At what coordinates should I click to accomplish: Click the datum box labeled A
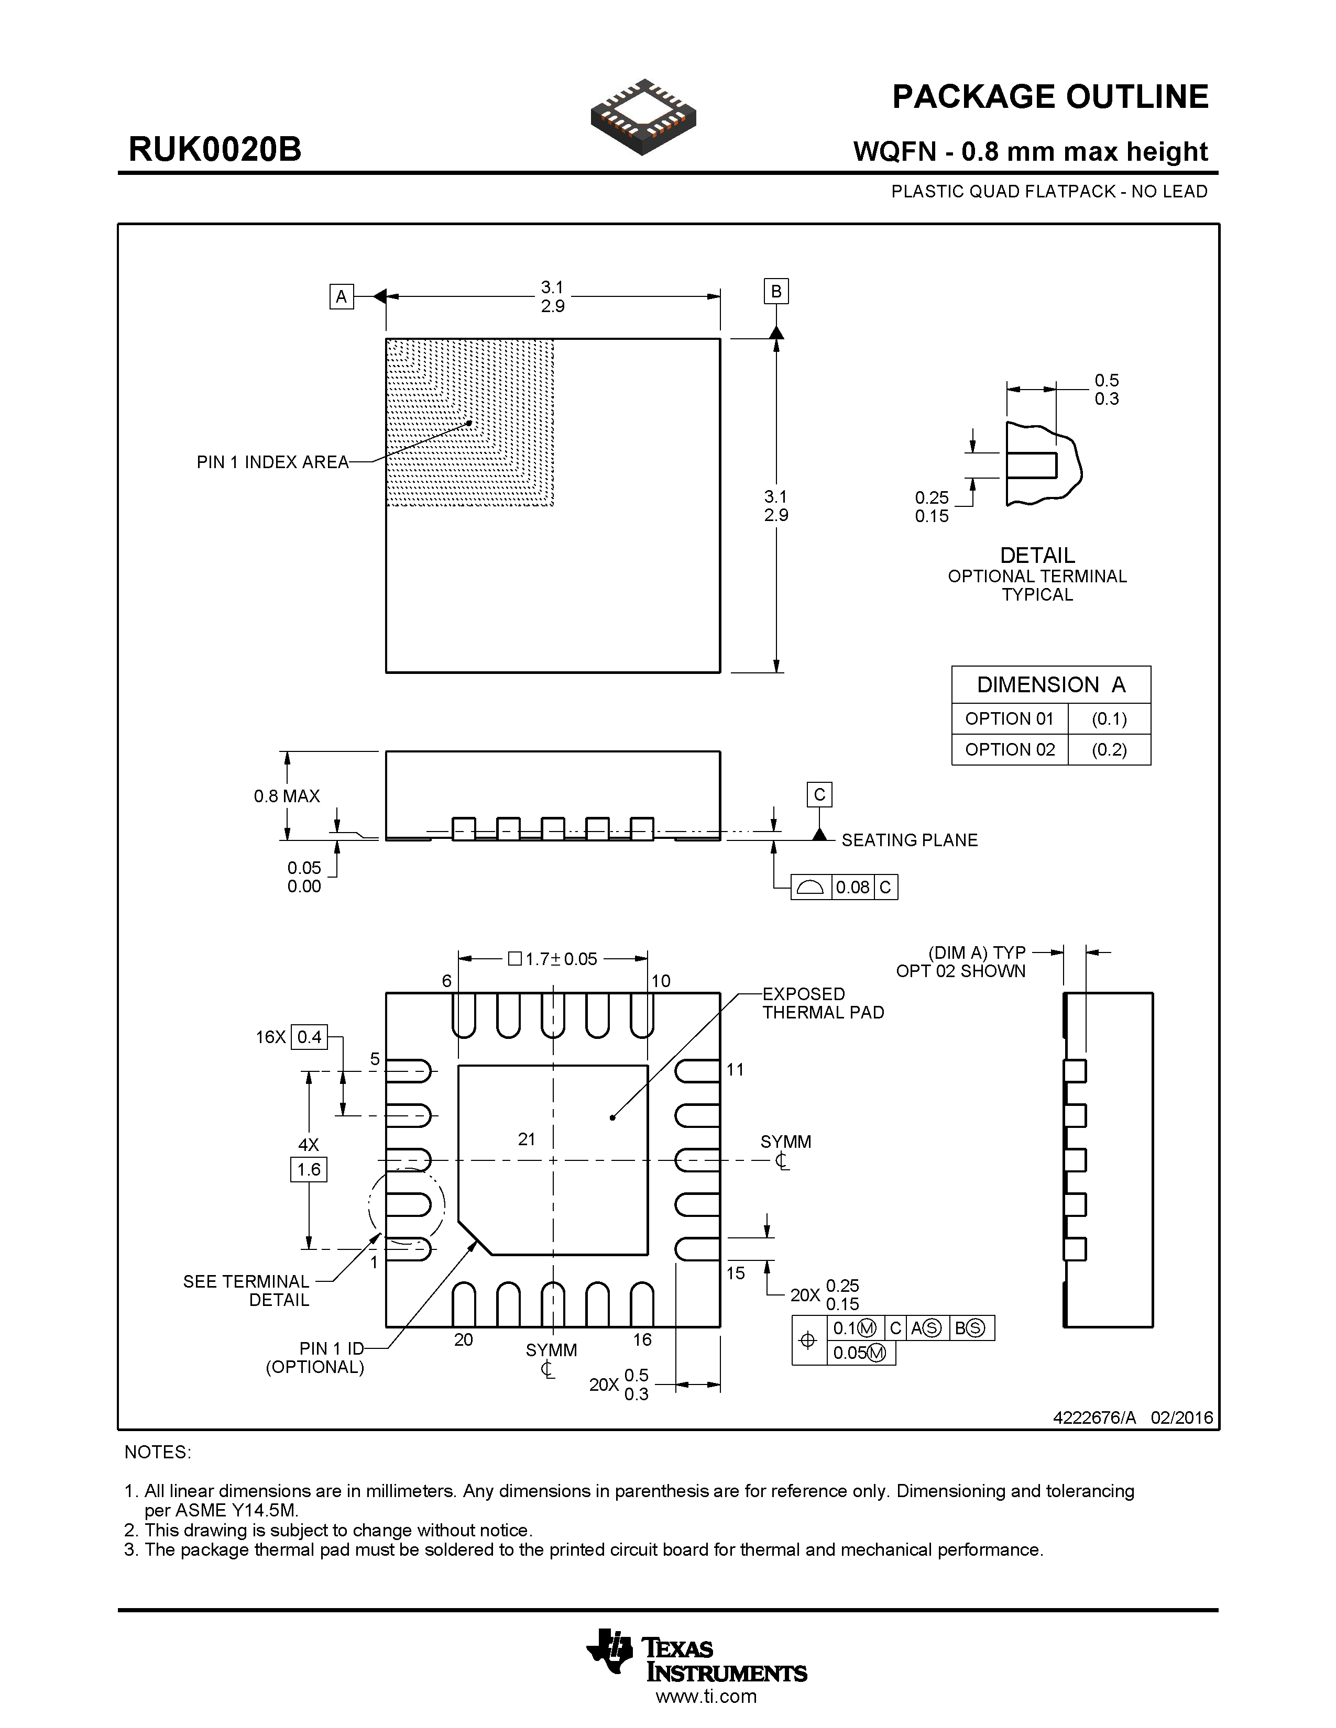(341, 297)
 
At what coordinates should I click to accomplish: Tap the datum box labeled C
(819, 794)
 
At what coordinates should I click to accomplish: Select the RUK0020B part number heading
(214, 150)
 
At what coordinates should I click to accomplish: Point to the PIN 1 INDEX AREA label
(272, 462)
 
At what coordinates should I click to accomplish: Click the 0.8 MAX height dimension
(287, 796)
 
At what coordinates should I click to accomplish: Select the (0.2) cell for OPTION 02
(1109, 749)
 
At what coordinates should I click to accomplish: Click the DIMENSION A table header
(1050, 684)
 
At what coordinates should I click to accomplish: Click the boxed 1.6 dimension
(309, 1169)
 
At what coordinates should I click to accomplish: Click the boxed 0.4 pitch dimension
(310, 1036)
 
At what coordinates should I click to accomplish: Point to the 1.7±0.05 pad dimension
(553, 959)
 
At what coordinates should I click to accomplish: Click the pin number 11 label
(735, 1070)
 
